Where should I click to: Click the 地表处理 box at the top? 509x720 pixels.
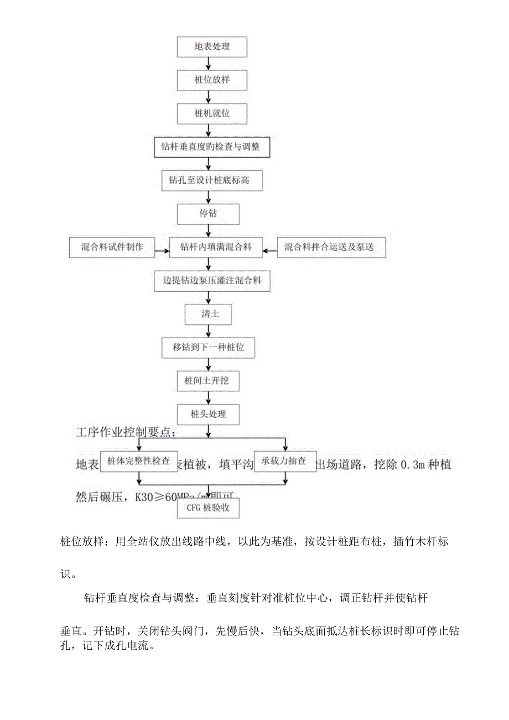click(212, 47)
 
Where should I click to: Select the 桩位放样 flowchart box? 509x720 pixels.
click(212, 80)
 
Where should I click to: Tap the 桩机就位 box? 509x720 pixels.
click(212, 113)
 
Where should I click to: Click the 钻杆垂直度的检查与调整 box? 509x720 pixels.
click(212, 147)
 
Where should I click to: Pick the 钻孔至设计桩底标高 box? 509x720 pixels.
click(212, 180)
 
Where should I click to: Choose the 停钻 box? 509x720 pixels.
click(209, 214)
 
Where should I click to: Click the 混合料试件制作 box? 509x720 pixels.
click(112, 247)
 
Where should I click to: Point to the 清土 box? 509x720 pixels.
click(207, 314)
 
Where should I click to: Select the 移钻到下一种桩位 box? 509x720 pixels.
click(209, 348)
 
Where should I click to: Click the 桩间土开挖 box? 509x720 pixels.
click(209, 381)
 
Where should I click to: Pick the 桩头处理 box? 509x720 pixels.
click(209, 414)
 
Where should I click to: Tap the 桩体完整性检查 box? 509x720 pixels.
click(139, 460)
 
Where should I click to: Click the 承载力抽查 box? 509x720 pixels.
click(284, 460)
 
